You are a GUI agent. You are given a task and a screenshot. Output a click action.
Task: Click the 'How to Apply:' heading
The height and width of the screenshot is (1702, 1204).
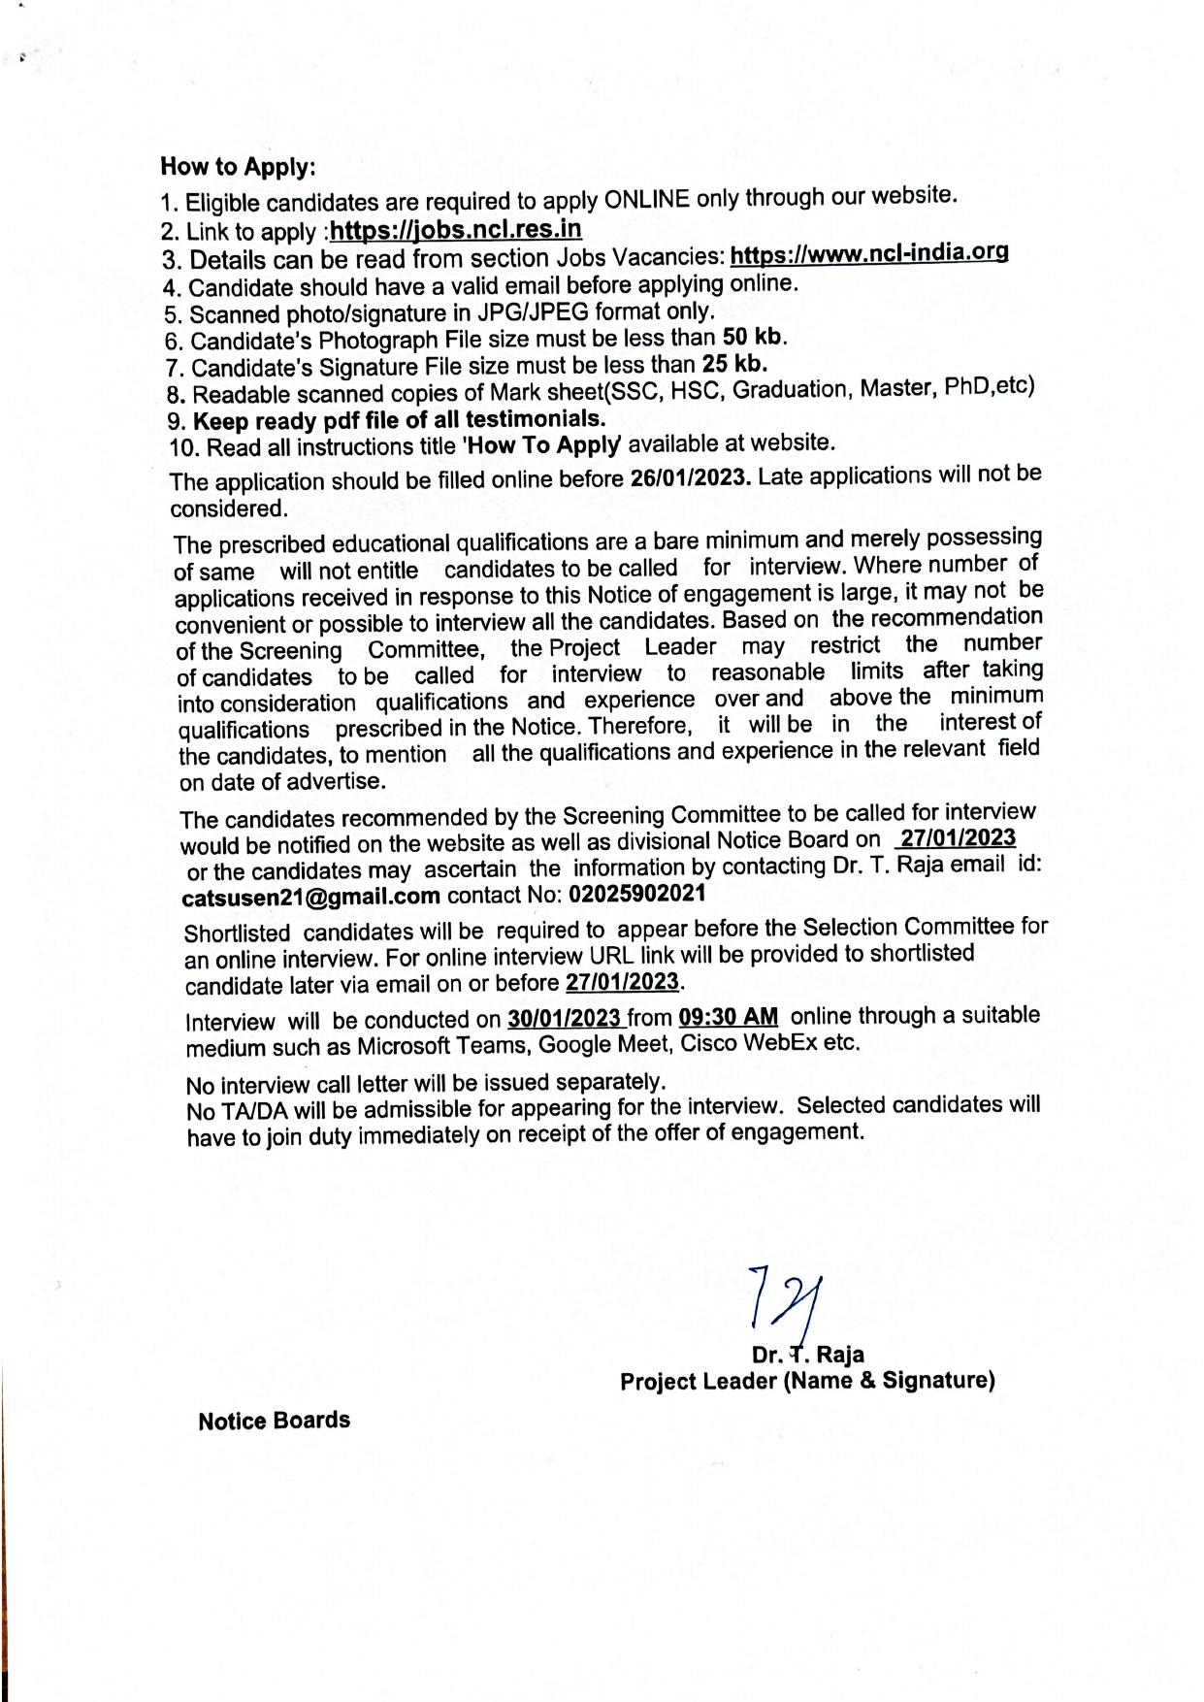tap(238, 167)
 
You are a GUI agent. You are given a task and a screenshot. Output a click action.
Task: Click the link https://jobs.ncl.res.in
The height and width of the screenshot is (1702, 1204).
tap(456, 230)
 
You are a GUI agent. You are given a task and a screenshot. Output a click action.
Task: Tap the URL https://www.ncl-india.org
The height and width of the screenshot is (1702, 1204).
tap(868, 254)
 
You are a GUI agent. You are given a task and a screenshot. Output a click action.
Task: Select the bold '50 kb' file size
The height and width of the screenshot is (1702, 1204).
tap(754, 337)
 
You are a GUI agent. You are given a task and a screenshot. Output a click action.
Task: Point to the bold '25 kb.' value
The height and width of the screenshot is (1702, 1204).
tap(734, 364)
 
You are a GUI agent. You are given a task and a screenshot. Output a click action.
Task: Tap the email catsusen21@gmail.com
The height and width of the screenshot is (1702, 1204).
tap(311, 897)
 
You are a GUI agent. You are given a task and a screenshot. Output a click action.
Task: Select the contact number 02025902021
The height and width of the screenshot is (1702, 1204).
tap(637, 893)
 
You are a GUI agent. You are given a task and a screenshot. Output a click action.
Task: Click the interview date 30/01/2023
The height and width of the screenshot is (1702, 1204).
tap(564, 1019)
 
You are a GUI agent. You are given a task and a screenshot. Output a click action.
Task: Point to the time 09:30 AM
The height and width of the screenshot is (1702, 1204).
tap(729, 1017)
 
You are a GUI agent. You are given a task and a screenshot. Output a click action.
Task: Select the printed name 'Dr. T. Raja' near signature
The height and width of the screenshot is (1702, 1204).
tap(807, 1355)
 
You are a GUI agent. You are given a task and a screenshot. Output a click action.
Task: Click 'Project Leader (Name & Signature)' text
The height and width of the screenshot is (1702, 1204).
tap(807, 1381)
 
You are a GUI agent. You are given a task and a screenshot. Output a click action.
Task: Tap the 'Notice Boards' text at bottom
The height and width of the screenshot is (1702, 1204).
tap(274, 1421)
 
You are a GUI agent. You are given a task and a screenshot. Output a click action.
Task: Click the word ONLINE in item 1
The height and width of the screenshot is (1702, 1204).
tap(646, 199)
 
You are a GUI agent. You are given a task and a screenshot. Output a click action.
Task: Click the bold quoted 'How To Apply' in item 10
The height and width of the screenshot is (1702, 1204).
tap(543, 444)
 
